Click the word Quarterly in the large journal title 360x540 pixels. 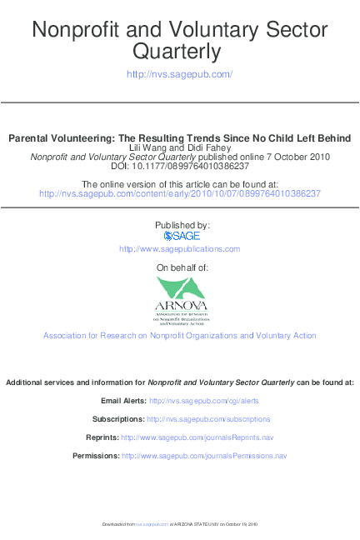tap(179, 53)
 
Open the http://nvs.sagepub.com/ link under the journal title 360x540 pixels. tap(179, 74)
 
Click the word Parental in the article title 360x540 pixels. tap(32, 137)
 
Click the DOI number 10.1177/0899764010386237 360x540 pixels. tap(197, 166)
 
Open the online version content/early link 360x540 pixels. tap(179, 193)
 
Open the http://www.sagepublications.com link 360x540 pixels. tap(179, 249)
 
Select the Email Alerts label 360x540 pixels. tap(122, 401)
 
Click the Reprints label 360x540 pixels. tap(102, 437)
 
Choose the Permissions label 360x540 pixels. tap(96, 456)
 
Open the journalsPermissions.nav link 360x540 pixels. tap(204, 456)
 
